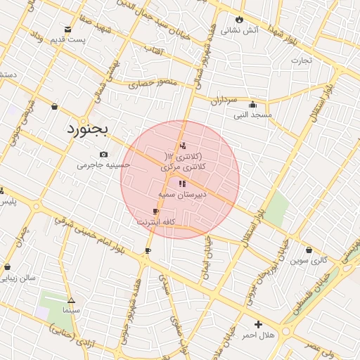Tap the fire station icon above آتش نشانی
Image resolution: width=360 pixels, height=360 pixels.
(239, 19)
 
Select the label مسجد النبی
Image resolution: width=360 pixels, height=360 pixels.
(252, 114)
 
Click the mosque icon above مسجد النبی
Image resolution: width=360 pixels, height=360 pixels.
(252, 104)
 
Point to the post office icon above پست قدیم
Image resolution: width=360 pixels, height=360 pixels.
(67, 29)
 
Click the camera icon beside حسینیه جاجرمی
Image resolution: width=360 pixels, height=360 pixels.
(103, 154)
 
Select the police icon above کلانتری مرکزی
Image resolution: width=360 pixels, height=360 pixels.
(183, 146)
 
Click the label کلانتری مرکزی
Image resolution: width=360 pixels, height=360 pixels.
(182, 167)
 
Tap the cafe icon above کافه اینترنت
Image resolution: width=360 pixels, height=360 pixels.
(155, 211)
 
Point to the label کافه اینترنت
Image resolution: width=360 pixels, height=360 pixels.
(155, 221)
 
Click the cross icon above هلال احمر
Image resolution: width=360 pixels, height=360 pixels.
(258, 325)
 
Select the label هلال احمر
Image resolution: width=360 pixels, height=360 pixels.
(258, 335)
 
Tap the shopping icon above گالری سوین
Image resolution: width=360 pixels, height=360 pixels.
(309, 250)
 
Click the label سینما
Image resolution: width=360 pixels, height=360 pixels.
(72, 309)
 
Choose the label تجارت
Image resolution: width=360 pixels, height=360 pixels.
(301, 60)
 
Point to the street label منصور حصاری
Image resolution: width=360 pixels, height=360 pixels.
(149, 83)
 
